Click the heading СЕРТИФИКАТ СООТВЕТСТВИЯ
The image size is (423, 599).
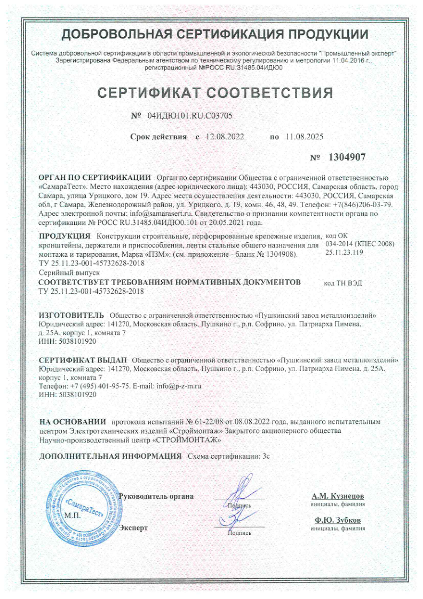[216, 93]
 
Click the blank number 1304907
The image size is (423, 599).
[347, 157]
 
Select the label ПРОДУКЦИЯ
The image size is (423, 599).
[65, 236]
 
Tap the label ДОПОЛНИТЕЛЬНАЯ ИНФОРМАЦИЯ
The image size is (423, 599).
[110, 457]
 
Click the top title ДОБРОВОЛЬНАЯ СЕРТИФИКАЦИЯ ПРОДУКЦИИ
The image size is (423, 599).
[215, 34]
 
